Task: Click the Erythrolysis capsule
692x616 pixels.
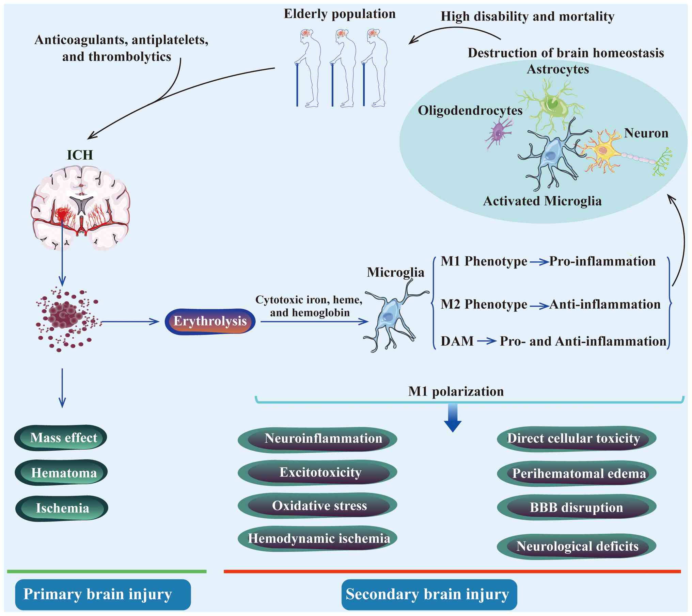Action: click(210, 321)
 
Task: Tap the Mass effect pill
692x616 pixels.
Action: click(61, 438)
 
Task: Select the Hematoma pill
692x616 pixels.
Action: click(61, 473)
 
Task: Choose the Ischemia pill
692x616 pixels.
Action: click(62, 508)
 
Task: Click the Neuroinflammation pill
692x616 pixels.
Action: click(317, 439)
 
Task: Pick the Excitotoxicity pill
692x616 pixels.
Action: click(317, 472)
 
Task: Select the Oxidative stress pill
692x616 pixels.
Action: click(317, 506)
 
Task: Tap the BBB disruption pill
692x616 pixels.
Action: click(577, 507)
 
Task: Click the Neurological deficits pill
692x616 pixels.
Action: click(577, 546)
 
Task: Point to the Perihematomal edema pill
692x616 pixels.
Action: click(577, 473)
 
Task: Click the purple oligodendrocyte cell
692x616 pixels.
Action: click(499, 133)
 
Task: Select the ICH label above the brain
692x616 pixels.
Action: click(80, 155)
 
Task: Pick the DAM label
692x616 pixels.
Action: click(457, 341)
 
